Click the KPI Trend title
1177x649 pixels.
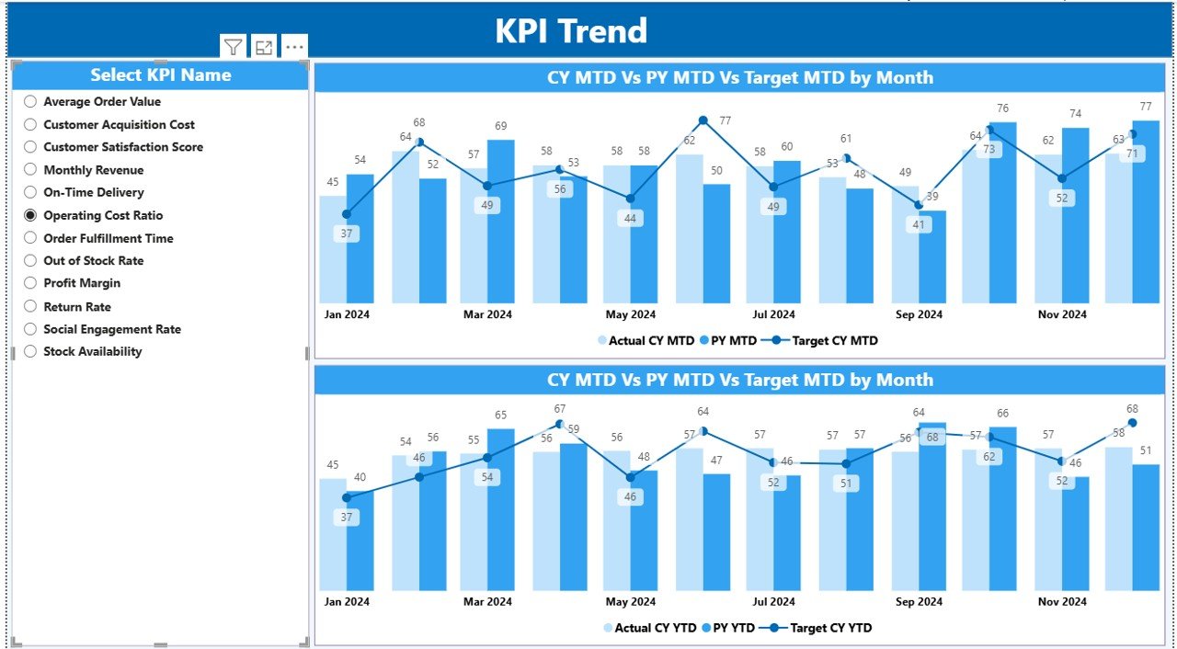[x=571, y=30]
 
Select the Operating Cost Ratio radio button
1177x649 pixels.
[x=30, y=215]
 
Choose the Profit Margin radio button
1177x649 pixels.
[x=30, y=283]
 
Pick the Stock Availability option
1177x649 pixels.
[x=92, y=351]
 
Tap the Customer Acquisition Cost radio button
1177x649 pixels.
[x=30, y=124]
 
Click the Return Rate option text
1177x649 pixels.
[x=77, y=306]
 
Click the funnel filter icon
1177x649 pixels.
[x=234, y=47]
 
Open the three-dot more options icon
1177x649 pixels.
[x=294, y=47]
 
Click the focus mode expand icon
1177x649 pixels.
[x=264, y=47]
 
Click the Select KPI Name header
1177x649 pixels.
[x=160, y=75]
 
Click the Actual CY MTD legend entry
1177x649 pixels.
[x=646, y=340]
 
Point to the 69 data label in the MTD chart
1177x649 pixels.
[x=501, y=126]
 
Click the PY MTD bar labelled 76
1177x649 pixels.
[x=1002, y=211]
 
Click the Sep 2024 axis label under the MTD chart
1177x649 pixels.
[x=918, y=314]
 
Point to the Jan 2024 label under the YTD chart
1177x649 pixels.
[x=347, y=602]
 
